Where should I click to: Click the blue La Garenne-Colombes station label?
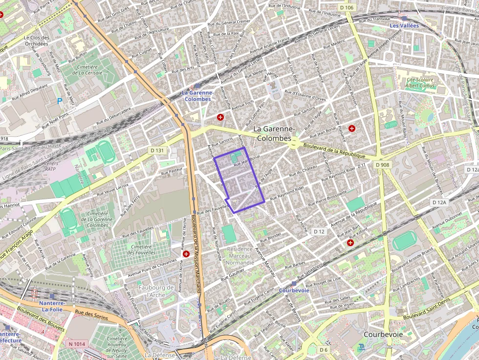[x=197, y=96]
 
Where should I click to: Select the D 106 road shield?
[x=346, y=7]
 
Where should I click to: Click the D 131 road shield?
[x=156, y=150]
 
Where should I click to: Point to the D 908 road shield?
[x=383, y=165]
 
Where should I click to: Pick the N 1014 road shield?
[x=77, y=344]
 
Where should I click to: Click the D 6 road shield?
[x=324, y=350]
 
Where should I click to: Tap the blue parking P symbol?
[x=60, y=101]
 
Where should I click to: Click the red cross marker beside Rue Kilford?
[x=350, y=243]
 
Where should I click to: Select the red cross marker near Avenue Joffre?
[x=220, y=117]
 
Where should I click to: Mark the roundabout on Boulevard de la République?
[x=294, y=143]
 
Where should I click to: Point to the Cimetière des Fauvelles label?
[x=141, y=249]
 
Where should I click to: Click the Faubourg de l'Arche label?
[x=156, y=291]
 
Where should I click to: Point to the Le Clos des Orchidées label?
[x=37, y=41]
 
